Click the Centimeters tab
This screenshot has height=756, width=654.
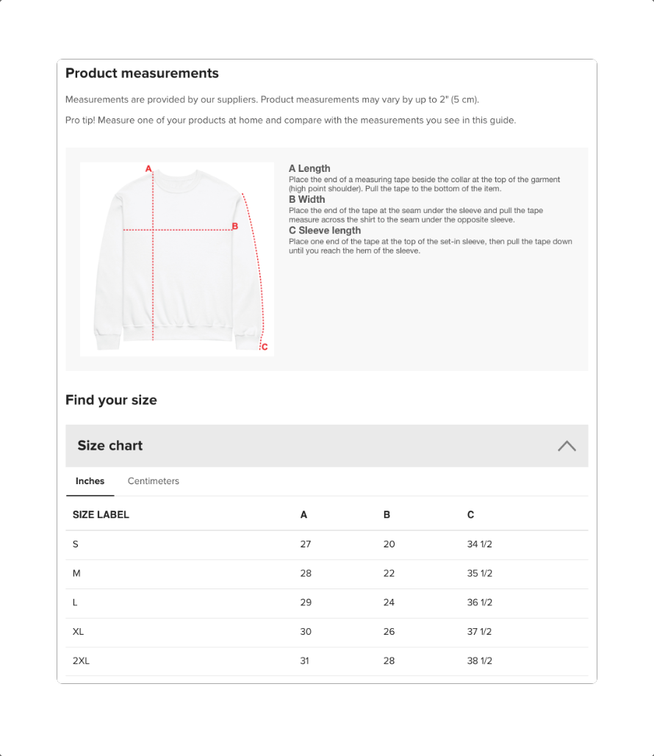[154, 481]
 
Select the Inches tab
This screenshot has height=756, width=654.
[90, 481]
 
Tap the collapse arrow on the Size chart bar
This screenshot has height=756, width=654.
[567, 446]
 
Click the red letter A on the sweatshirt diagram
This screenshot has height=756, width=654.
[148, 168]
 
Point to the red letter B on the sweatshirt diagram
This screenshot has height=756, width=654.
[235, 226]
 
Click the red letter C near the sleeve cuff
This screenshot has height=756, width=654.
[265, 347]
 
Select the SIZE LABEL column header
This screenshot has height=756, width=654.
[101, 515]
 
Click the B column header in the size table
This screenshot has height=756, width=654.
[387, 515]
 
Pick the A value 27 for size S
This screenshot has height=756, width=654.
[306, 544]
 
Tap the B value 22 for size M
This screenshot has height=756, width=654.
[389, 574]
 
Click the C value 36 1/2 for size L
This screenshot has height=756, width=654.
[480, 602]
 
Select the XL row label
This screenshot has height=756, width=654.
[79, 632]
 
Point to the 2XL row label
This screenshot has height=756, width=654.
[81, 660]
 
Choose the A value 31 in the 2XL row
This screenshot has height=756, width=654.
[304, 660]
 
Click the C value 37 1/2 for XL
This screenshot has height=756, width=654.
[480, 632]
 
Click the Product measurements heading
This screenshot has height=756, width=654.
[142, 73]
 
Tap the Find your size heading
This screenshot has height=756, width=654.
[111, 400]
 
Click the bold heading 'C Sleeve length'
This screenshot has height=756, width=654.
[325, 231]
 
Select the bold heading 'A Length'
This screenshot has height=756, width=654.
[309, 168]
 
